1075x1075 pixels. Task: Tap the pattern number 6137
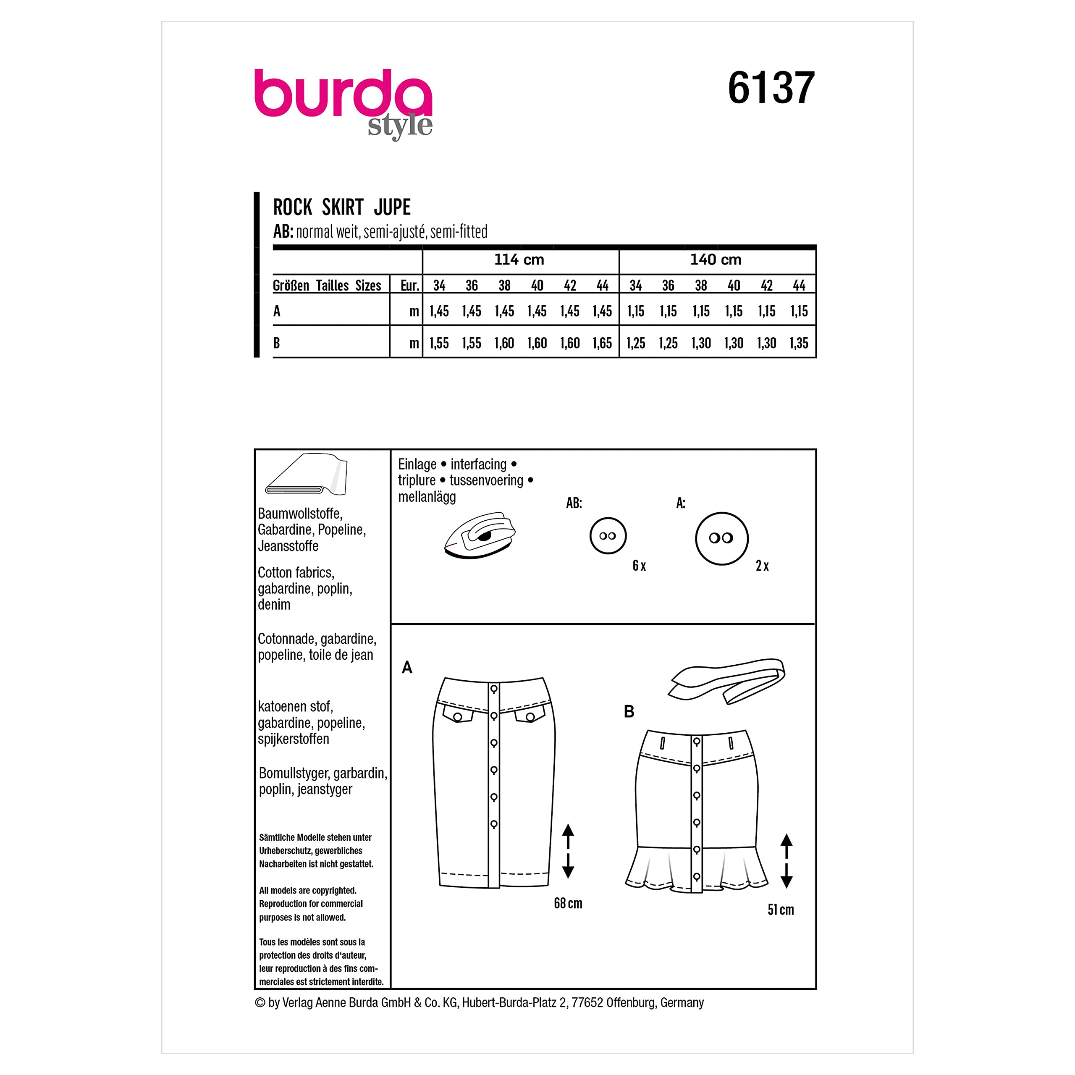pos(771,88)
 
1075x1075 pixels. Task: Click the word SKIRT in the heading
pos(342,207)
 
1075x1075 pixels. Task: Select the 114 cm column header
pos(519,260)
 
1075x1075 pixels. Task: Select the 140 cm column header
pos(716,260)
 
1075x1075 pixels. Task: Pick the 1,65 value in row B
pos(602,343)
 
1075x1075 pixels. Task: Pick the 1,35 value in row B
pos(799,343)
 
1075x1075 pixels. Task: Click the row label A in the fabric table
pos(277,311)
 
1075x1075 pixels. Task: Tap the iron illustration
pos(480,535)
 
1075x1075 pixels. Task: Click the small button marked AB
pos(608,536)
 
